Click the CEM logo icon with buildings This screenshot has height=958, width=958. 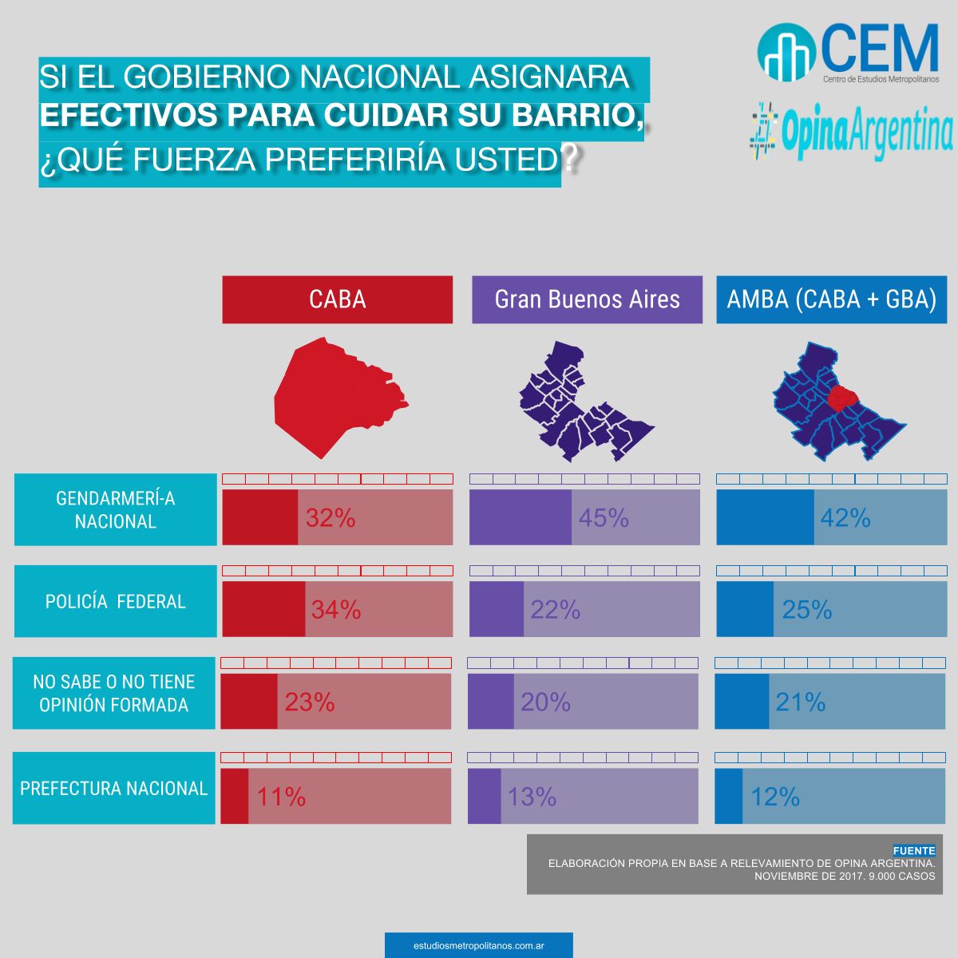tap(786, 53)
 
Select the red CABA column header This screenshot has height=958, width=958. tap(337, 299)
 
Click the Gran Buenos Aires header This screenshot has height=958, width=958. tap(587, 299)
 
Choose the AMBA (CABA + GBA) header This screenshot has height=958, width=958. tap(831, 299)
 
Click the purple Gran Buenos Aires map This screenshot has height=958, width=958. tap(579, 399)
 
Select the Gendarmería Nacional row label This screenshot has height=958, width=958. tap(115, 509)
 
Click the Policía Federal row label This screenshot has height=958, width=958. tap(115, 601)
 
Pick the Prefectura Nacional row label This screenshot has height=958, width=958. tap(113, 788)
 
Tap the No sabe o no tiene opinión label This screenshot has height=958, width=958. tap(113, 693)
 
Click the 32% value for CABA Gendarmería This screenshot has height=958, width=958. tap(331, 518)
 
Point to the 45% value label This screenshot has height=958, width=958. tap(604, 518)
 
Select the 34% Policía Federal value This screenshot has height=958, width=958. tap(336, 610)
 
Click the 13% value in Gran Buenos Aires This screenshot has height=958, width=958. tap(532, 797)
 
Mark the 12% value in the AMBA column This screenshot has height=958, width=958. tap(775, 797)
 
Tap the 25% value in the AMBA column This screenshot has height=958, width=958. tap(807, 610)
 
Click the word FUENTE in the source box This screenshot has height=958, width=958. tap(913, 851)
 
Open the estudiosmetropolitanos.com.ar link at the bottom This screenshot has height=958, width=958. tap(479, 945)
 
